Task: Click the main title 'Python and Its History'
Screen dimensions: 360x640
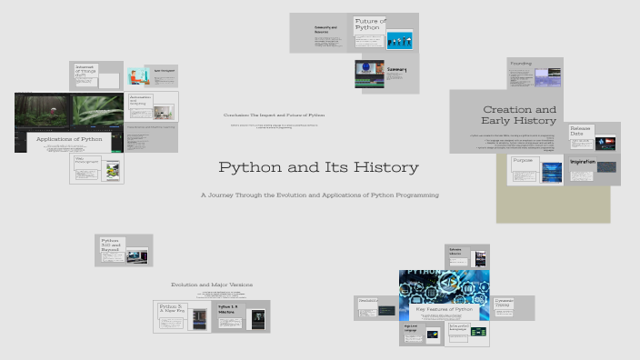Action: [318, 168]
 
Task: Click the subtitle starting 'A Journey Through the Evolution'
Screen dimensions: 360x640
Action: [320, 195]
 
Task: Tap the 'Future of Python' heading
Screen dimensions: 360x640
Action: [369, 25]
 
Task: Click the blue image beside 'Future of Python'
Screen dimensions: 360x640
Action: [400, 40]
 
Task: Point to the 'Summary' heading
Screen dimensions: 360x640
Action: [397, 70]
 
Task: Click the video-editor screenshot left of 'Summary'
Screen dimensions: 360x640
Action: [369, 75]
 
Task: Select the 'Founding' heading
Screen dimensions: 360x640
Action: [521, 64]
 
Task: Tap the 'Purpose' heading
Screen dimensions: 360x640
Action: [523, 160]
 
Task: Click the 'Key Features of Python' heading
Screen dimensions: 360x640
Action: [444, 310]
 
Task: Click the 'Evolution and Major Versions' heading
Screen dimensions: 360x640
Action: [212, 285]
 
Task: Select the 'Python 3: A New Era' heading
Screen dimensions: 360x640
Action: [172, 310]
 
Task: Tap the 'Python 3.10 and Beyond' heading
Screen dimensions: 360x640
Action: [111, 245]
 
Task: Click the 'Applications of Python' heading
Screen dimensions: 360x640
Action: [69, 139]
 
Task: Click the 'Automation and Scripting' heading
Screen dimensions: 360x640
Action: [140, 100]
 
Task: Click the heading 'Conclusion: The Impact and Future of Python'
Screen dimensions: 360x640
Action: [274, 115]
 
